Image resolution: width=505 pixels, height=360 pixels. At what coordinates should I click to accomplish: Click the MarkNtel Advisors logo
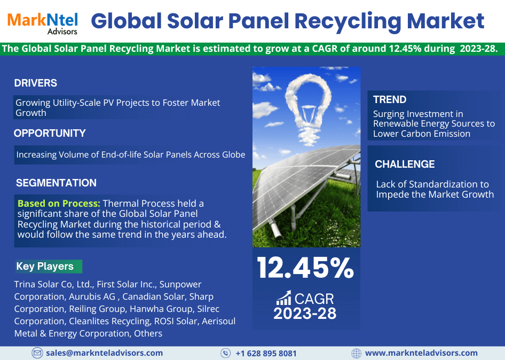(x=43, y=23)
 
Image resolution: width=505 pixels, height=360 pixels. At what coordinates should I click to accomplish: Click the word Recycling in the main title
(x=348, y=22)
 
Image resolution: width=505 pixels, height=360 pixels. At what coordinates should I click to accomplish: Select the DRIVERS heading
(x=35, y=83)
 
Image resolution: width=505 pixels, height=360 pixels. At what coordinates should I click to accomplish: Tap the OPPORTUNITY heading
(x=50, y=133)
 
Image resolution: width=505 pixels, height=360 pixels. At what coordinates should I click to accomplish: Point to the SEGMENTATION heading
(x=56, y=183)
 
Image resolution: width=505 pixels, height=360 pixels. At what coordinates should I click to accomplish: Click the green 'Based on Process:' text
(x=59, y=204)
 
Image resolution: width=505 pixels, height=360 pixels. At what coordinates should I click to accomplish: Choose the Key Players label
(x=45, y=266)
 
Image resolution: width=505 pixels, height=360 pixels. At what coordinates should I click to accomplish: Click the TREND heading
(x=390, y=99)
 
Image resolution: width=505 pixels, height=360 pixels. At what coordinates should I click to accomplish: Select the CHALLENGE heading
(x=405, y=165)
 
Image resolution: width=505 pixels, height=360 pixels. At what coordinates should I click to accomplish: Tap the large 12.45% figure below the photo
(x=305, y=268)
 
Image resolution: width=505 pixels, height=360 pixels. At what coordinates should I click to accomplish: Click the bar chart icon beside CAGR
(x=284, y=298)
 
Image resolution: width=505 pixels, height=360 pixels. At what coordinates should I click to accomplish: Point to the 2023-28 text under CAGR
(x=305, y=314)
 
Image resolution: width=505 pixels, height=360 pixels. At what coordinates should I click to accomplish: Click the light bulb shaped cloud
(x=308, y=108)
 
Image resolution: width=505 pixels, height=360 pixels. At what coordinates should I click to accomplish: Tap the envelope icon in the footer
(x=37, y=353)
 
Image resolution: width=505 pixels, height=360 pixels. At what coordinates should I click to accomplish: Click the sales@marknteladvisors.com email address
(x=104, y=353)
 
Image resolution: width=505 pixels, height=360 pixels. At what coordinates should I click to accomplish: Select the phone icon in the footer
(x=225, y=353)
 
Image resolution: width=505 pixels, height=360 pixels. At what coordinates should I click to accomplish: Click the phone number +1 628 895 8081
(x=266, y=354)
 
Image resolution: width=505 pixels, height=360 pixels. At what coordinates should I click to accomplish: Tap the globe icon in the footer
(x=356, y=353)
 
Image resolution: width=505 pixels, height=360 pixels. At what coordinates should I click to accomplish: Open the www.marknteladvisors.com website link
(x=421, y=353)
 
